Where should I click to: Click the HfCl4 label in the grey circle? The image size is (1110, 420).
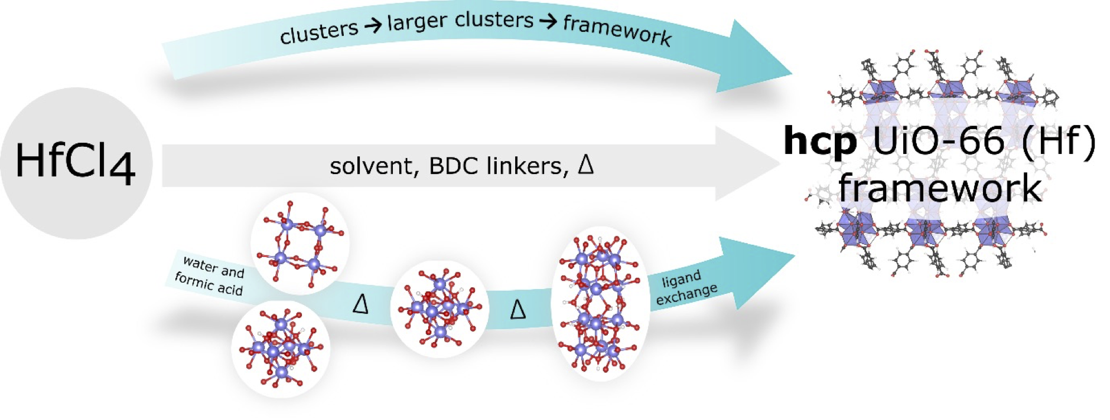click(75, 162)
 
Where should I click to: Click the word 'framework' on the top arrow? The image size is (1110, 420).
click(617, 30)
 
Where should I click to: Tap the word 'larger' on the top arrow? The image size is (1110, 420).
click(416, 23)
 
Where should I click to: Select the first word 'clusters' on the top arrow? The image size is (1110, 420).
click(318, 32)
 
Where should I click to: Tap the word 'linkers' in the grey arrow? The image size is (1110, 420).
click(528, 166)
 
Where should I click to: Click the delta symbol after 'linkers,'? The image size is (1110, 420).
click(585, 163)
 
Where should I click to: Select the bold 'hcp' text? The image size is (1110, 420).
click(819, 142)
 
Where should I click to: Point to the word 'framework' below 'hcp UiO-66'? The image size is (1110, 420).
click(939, 188)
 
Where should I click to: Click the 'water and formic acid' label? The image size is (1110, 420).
click(210, 275)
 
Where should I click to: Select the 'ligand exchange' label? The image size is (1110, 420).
click(685, 287)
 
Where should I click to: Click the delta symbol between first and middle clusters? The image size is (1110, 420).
click(360, 304)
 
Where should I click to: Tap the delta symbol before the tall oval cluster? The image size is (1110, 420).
click(517, 309)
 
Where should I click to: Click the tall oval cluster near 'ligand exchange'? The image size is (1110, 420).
click(600, 304)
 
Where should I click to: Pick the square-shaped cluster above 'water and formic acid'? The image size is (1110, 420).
click(300, 243)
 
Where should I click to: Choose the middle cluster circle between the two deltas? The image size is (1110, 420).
click(440, 309)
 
